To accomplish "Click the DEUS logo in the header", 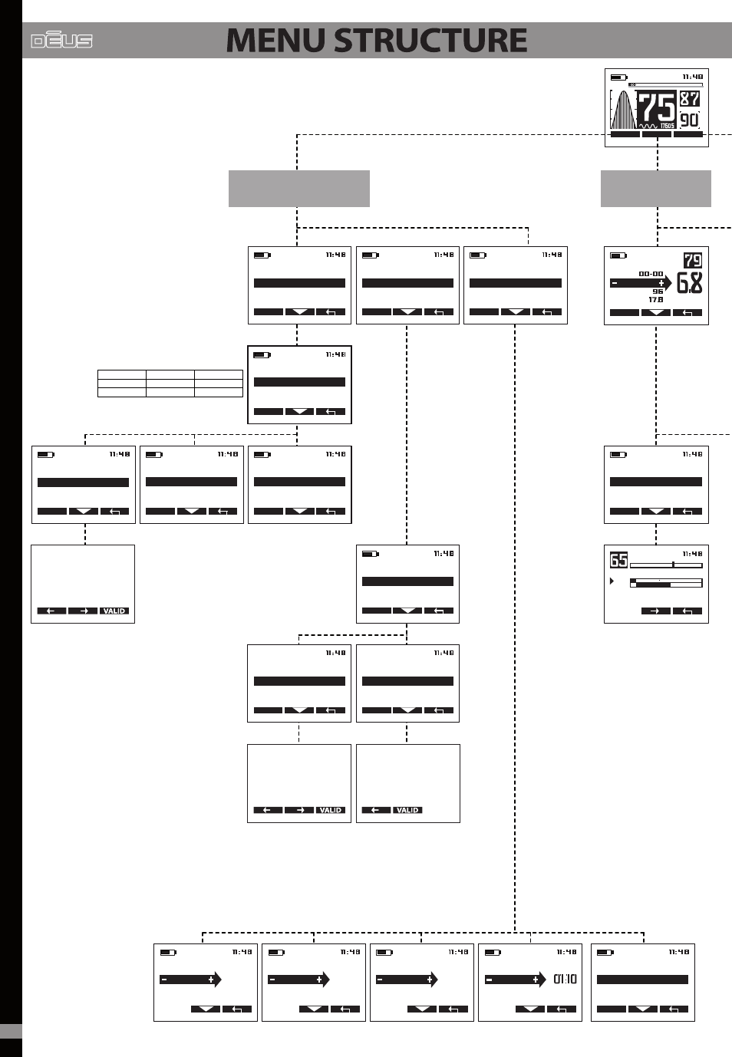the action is tap(61, 41).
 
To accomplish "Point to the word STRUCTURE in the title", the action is tap(430, 41).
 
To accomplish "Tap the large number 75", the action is tap(657, 108).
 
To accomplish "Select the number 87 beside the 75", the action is tap(690, 98).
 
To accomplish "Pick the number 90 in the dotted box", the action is tap(690, 119).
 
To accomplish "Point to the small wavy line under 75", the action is tap(648, 126).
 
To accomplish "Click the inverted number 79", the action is tap(693, 261).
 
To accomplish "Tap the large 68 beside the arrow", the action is tap(689, 283).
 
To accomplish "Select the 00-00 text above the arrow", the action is tap(651, 274).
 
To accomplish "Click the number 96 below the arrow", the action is tap(658, 291).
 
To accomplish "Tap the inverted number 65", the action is tap(618, 560).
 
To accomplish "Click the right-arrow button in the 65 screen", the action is tap(655, 611).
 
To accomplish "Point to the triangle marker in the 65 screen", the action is tap(612, 581).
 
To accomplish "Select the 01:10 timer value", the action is tap(565, 979).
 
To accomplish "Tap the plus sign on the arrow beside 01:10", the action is tap(535, 980).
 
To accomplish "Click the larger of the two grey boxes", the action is tap(299, 189).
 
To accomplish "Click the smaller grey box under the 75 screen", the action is tap(656, 189).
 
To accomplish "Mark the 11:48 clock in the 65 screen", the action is tap(692, 554).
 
